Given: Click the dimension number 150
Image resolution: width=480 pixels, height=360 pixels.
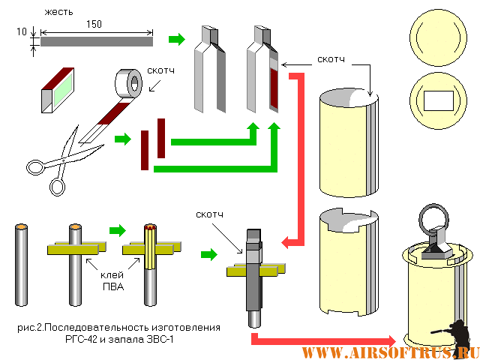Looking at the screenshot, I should click(94, 25).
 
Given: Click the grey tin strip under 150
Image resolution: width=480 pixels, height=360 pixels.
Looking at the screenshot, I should click(96, 42).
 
